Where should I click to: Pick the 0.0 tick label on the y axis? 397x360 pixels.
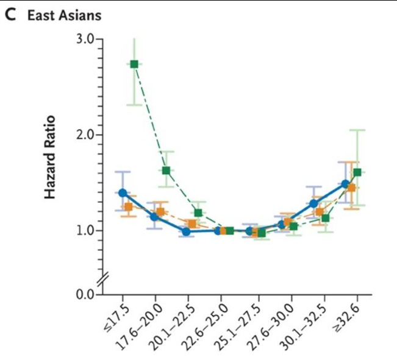(x=85, y=294)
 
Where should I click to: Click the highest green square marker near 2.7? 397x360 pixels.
(x=134, y=64)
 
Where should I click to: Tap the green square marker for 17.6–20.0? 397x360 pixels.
(x=166, y=171)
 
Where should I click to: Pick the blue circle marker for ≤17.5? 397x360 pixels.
(x=123, y=192)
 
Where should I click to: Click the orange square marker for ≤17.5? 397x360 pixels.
(x=128, y=206)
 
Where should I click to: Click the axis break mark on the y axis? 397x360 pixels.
(x=102, y=278)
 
